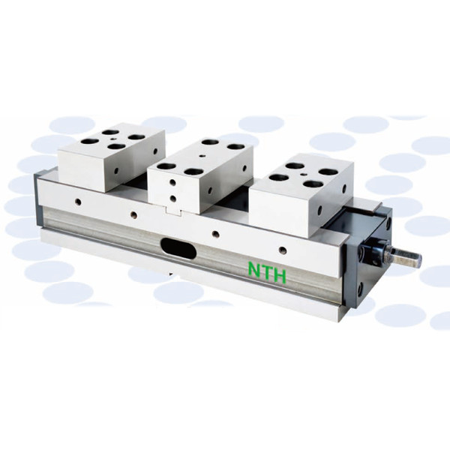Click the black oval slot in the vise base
click(x=178, y=248)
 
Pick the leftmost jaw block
click(x=111, y=157)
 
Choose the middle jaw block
click(x=200, y=176)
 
